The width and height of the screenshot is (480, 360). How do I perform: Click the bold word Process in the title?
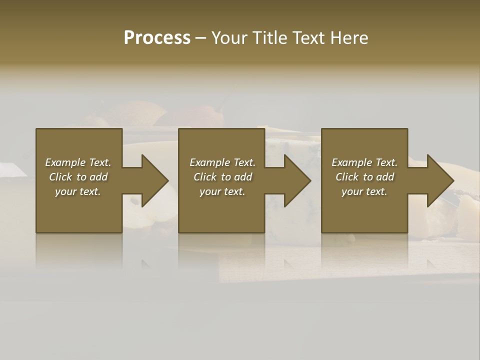[157, 38]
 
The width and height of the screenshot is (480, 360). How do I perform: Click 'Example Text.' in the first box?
[78, 162]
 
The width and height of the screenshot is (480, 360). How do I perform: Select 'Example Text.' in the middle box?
[222, 162]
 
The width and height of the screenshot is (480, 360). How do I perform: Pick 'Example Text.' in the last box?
[364, 162]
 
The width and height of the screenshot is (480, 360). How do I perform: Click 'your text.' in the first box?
[78, 191]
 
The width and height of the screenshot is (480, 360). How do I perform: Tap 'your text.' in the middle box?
[222, 191]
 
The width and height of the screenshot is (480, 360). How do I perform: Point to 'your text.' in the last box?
[364, 191]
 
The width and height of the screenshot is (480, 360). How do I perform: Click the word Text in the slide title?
[308, 38]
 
